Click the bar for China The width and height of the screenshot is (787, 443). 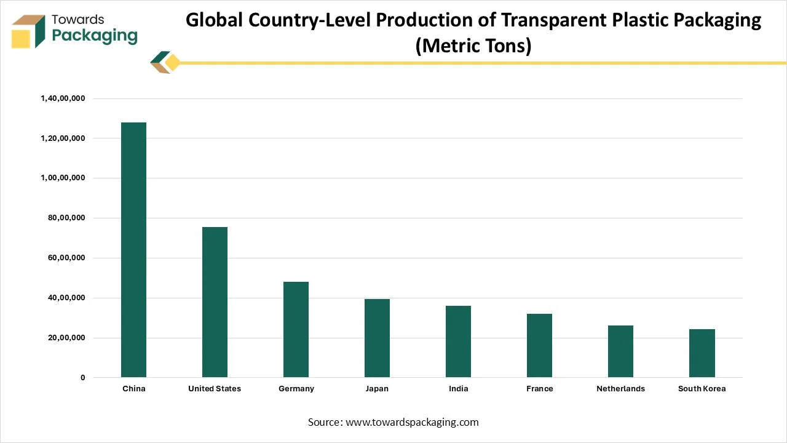pos(133,250)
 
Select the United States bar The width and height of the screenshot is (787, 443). pos(215,302)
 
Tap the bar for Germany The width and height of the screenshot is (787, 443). pos(296,329)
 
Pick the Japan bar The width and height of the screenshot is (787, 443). pos(377,338)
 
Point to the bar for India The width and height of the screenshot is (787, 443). pos(458,341)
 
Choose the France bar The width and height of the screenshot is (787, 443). pos(539,345)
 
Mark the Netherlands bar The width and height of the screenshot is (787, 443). pos(620,351)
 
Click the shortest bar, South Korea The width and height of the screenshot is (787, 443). pos(702,353)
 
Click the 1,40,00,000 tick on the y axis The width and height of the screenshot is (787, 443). pos(63,98)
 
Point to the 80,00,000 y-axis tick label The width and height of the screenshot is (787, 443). pos(65,218)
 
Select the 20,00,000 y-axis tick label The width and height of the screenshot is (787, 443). pos(65,338)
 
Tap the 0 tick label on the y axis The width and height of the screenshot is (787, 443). pos(82,378)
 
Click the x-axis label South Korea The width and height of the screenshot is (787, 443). pos(702,389)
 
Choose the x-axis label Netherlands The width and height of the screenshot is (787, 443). pos(620,389)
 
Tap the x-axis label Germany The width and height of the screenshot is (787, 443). pos(296,389)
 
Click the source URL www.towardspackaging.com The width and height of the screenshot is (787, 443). pos(412,422)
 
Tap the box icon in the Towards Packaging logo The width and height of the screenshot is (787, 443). pos(28,31)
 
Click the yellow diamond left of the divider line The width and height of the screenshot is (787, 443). pos(173,63)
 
